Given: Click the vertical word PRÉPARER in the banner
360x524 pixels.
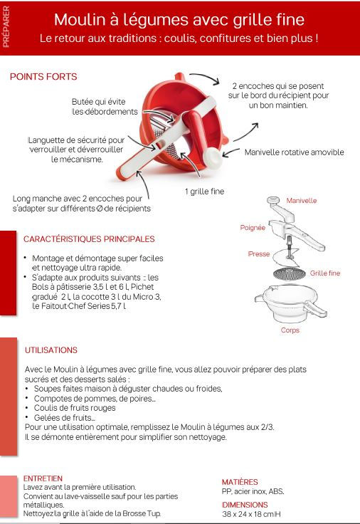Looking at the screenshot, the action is click(x=6, y=27).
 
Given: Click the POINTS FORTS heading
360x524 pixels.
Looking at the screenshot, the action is click(x=43, y=76).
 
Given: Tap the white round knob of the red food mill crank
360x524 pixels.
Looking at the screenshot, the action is click(x=213, y=157).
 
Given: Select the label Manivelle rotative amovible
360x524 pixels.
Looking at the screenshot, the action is click(x=295, y=152).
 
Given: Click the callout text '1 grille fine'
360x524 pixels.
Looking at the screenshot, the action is click(x=204, y=192).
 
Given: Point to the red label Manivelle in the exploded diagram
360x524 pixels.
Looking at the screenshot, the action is click(x=302, y=201).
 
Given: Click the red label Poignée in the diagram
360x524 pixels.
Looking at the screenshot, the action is click(x=253, y=228).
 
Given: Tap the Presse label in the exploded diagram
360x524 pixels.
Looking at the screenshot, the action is click(x=259, y=254).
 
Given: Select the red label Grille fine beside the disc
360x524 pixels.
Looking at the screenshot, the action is click(x=325, y=273).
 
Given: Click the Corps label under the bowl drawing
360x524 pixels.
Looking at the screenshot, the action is click(x=290, y=330).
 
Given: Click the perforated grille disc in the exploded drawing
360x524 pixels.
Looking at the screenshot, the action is click(x=290, y=274).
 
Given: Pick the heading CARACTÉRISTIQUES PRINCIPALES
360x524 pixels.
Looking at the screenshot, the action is click(x=89, y=239).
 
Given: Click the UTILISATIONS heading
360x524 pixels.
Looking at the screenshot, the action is click(x=51, y=350).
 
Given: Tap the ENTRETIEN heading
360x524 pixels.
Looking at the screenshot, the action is click(x=43, y=478).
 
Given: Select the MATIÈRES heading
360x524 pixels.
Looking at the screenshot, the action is click(x=240, y=482).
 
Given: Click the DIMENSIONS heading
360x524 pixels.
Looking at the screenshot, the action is click(x=245, y=505).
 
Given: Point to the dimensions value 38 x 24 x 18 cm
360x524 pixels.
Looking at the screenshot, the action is click(x=248, y=514).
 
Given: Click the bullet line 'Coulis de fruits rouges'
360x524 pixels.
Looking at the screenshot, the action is click(x=75, y=408).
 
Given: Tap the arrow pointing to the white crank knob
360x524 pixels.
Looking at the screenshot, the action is click(x=231, y=152).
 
